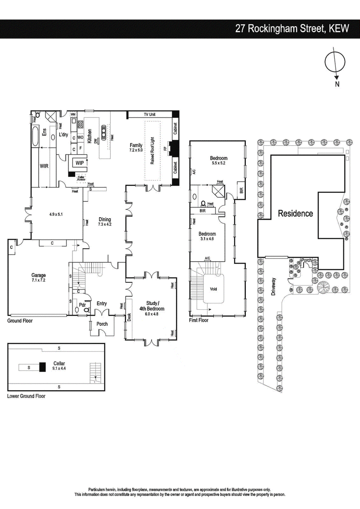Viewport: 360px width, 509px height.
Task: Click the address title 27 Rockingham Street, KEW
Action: pos(292,29)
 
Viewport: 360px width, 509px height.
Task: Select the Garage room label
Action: pos(39,278)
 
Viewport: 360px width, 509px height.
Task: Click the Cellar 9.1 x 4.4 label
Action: pos(59,366)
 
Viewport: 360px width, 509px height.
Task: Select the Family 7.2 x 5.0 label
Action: pos(135,148)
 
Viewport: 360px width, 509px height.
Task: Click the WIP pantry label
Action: pos(79,163)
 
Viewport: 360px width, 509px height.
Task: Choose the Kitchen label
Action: pos(90,136)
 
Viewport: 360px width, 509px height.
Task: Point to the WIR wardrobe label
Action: pos(44,166)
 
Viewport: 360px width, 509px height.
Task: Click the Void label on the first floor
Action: pos(213,289)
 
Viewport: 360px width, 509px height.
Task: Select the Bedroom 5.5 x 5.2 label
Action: pos(219,161)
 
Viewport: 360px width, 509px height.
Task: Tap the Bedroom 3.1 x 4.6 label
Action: pos(207,237)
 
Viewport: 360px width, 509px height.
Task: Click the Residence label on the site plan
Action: pos(295,214)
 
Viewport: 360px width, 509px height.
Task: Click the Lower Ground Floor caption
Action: pos(26,397)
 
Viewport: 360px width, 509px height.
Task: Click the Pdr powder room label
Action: pos(82,304)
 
